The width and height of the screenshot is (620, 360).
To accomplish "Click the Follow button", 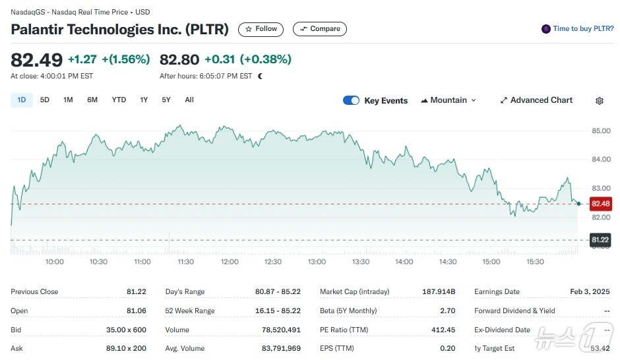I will pos(261,29).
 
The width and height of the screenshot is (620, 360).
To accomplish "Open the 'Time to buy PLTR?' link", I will pos(577,29).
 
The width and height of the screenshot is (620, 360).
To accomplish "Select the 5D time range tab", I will pos(45,100).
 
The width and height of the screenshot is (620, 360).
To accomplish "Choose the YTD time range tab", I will pos(119,100).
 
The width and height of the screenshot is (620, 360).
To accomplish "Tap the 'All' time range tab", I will pos(189,100).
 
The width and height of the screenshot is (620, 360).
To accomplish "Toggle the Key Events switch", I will pos(351,101).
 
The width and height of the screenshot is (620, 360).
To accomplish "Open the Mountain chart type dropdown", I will pos(449,100).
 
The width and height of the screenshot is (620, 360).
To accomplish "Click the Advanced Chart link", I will pos(536,100).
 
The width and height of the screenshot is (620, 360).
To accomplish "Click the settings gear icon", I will pos(600,101).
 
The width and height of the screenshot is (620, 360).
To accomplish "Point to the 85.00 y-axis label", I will pos(601,131).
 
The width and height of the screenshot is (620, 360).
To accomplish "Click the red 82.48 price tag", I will pos(601,204).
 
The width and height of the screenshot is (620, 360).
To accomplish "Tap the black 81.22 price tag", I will pos(601,239).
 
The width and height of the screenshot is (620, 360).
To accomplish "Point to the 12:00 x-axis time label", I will pos(230,262).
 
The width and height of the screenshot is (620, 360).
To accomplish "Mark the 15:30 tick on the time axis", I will pos(535,262).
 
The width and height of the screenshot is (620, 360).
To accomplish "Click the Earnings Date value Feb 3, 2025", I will pos(590,291).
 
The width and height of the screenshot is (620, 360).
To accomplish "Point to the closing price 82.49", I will pos(37,59).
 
